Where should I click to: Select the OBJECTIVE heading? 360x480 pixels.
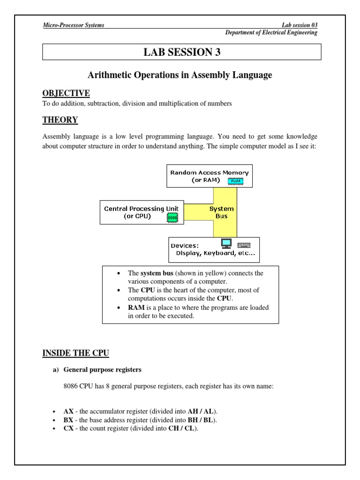click(60, 94)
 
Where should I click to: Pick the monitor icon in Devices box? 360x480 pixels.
click(226, 244)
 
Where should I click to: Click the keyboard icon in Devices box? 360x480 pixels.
click(244, 245)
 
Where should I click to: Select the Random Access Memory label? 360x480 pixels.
click(209, 172)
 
